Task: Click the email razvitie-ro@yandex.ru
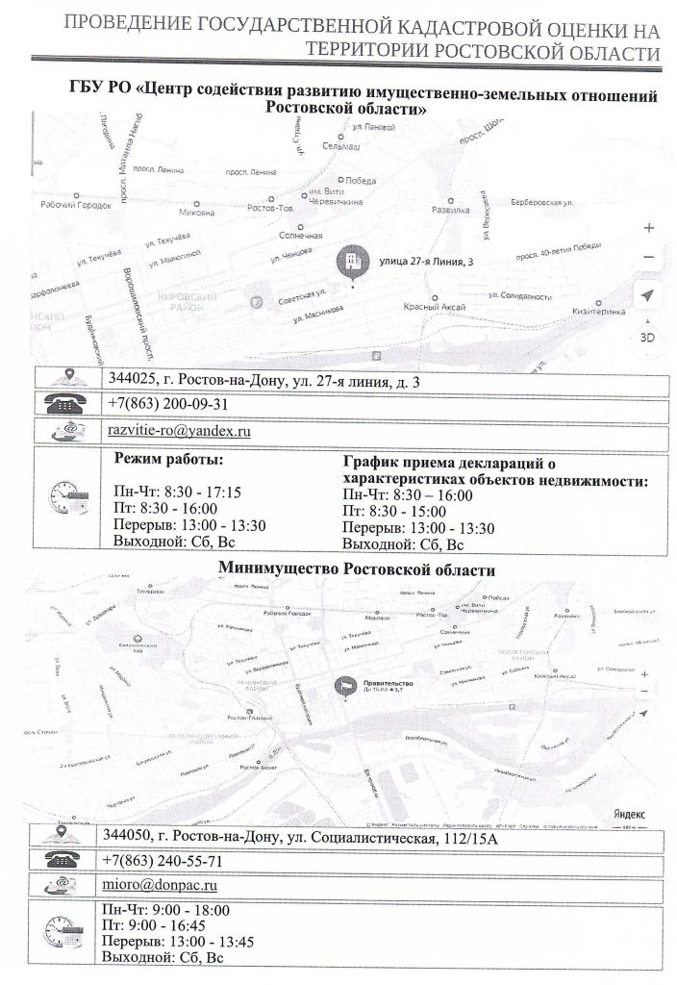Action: (179, 431)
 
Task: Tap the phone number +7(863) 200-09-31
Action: (167, 404)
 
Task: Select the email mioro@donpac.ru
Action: (162, 882)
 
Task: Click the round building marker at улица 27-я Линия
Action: (354, 261)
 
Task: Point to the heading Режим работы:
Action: (168, 458)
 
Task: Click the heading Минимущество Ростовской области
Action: (357, 568)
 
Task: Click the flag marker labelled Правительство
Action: (344, 686)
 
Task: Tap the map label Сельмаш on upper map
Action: (340, 145)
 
